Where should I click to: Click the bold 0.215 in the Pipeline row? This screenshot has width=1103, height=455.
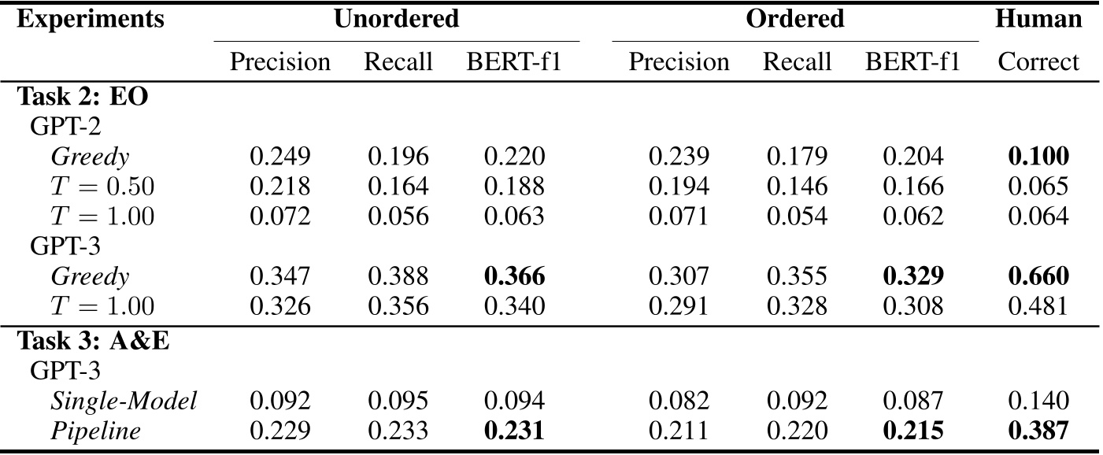tap(913, 431)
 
